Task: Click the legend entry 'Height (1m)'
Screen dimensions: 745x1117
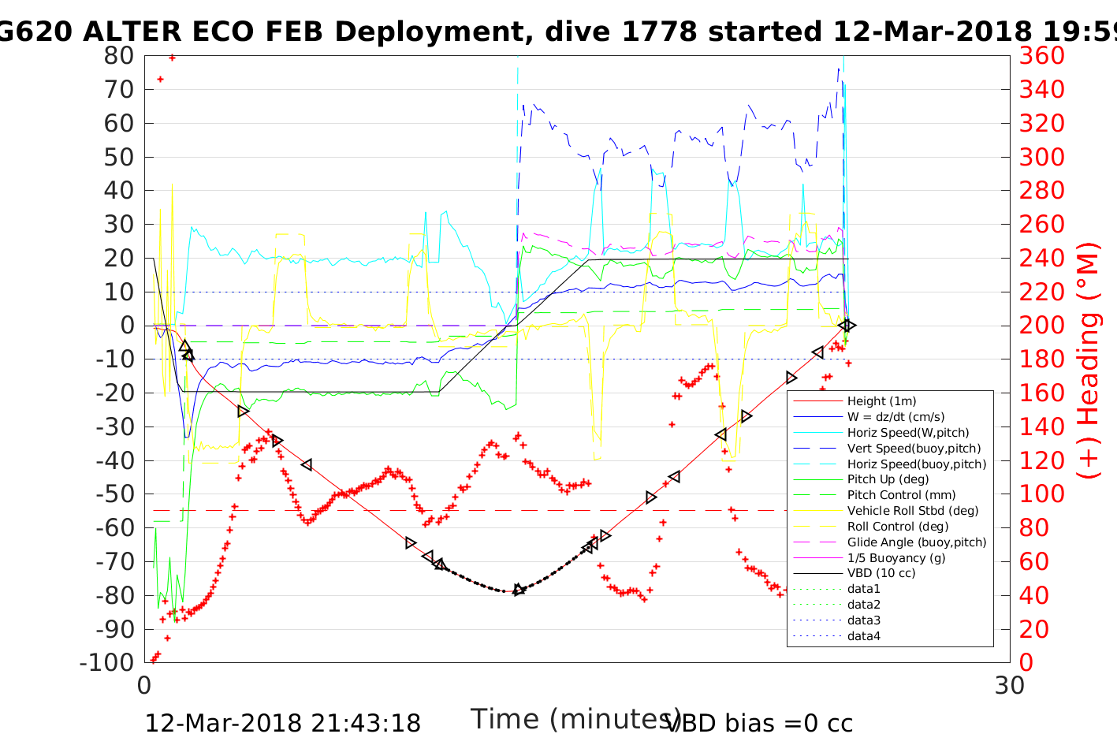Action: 881,401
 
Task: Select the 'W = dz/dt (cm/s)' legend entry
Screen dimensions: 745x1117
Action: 895,417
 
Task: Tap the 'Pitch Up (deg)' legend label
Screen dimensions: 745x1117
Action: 888,479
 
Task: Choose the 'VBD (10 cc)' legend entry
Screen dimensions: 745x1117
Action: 881,573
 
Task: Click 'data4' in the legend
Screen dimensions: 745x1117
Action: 863,636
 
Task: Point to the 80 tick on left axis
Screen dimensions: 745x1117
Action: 118,56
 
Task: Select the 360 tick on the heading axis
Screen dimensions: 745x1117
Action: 1041,56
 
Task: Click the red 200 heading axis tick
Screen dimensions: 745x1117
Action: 1041,326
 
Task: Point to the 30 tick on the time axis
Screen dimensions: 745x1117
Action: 1010,686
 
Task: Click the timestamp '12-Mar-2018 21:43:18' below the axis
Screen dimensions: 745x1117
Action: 282,723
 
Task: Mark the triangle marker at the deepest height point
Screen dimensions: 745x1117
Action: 518,590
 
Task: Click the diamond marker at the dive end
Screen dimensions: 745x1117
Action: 847,326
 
